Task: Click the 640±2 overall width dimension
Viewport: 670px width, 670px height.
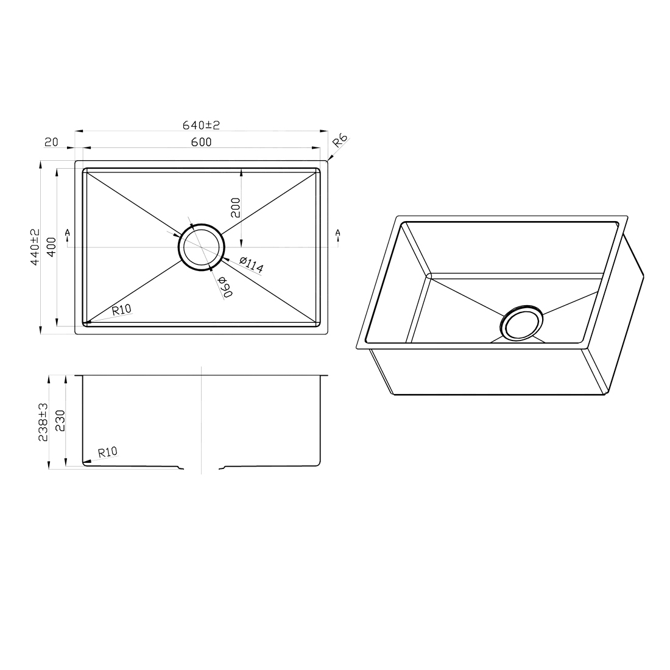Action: [200, 125]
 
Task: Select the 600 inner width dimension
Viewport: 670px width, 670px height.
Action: [200, 143]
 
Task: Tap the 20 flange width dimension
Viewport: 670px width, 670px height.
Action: [51, 143]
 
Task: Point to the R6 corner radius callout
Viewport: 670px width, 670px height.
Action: [340, 143]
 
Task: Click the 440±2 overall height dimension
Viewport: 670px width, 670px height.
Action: [35, 247]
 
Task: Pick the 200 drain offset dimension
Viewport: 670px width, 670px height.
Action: [236, 208]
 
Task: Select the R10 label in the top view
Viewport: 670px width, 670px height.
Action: [122, 309]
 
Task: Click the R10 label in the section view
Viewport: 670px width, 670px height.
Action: [107, 452]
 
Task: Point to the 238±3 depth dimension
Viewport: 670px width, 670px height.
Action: [43, 421]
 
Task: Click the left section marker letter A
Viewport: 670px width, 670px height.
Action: [66, 233]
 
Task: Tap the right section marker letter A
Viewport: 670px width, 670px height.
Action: [337, 233]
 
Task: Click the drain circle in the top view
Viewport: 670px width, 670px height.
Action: [201, 247]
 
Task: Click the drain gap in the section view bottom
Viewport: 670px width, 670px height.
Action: [201, 468]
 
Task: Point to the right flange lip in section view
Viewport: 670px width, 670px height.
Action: [323, 376]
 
